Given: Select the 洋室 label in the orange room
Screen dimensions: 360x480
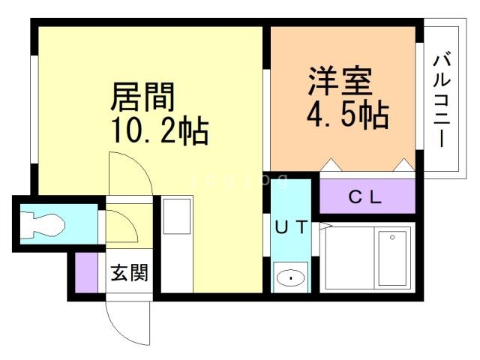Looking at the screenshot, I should (340, 81).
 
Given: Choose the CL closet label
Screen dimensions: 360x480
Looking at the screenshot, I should (366, 198).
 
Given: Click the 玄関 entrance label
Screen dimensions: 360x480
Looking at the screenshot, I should (130, 273).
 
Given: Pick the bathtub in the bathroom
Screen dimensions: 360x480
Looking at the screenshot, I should (366, 256).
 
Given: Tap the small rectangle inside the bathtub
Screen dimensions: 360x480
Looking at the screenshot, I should (392, 256).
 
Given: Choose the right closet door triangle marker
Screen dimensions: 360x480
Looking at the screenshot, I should (403, 165).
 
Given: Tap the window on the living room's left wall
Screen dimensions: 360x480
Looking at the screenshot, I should (34, 109).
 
